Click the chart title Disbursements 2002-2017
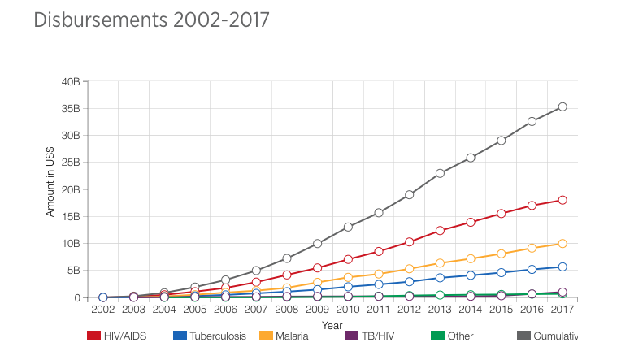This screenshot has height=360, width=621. (x=151, y=20)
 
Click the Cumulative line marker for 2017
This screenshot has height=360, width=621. (x=562, y=106)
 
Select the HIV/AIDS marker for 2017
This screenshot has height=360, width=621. (x=562, y=200)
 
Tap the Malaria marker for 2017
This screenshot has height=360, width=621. (x=562, y=244)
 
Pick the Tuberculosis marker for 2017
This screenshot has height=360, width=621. (x=562, y=267)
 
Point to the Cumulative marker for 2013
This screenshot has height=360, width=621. (x=440, y=173)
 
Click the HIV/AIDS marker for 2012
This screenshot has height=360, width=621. (x=410, y=242)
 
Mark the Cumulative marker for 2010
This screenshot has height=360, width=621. (x=348, y=227)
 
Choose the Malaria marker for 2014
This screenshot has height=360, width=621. (x=471, y=258)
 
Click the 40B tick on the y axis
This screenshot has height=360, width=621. (x=71, y=82)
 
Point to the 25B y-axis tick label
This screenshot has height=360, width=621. (x=71, y=163)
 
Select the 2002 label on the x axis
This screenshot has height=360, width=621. (x=103, y=310)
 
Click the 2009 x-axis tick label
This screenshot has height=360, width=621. (x=317, y=310)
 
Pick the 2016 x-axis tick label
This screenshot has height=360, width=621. (x=532, y=310)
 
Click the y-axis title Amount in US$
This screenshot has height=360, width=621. (x=50, y=187)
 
